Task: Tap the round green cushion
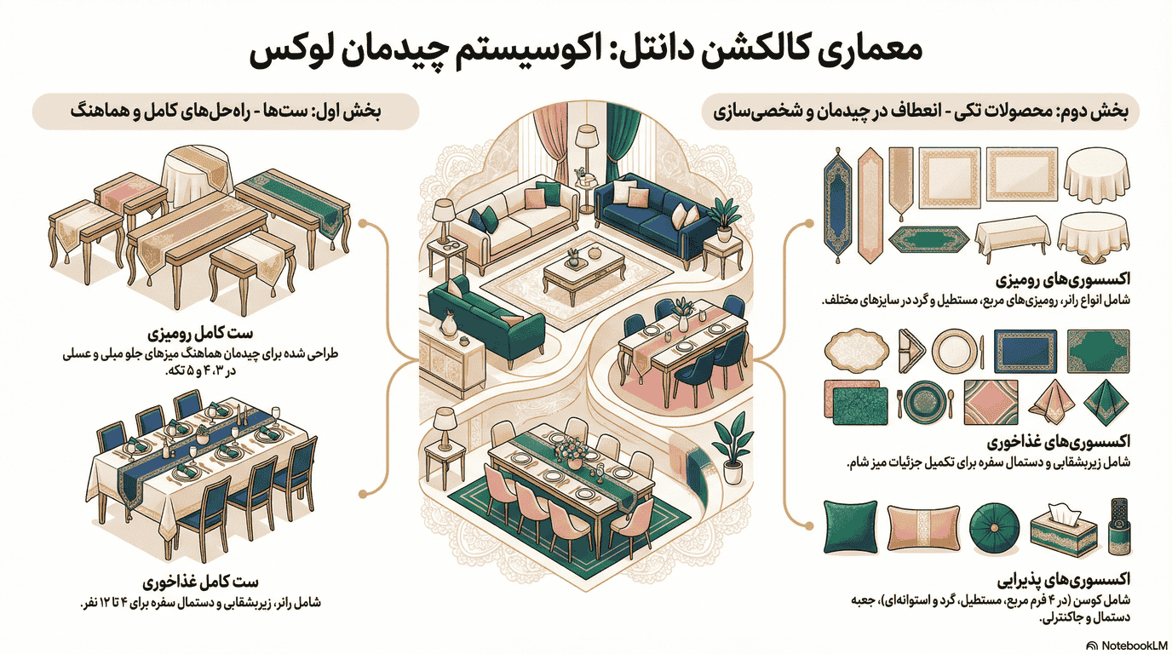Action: pos(991,528)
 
